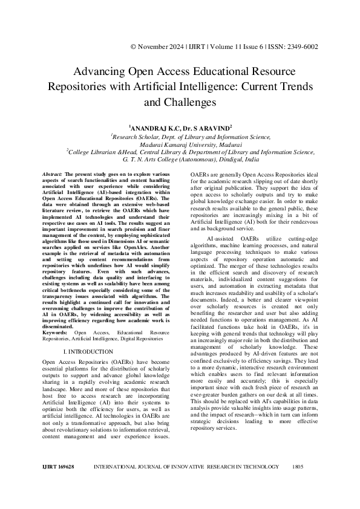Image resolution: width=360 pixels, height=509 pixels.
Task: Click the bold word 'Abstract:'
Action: pos(54,174)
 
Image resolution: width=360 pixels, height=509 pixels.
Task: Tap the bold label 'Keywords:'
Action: pos(56,332)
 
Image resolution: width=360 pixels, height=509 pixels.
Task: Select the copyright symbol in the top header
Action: pos(133,47)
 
